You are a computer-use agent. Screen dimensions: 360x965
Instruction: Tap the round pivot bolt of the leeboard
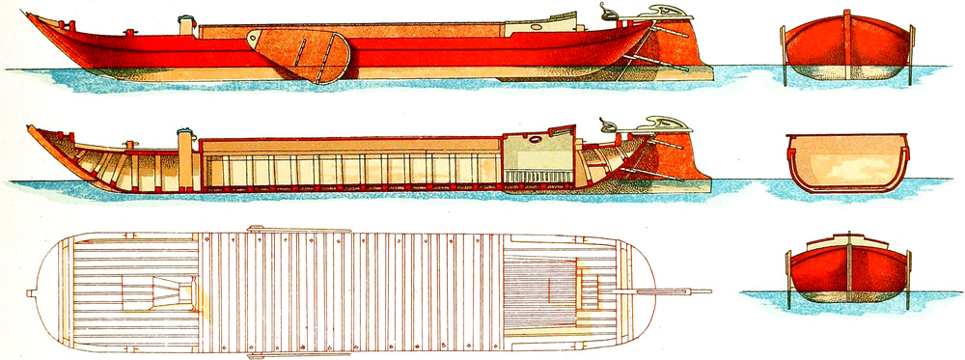tap(254, 40)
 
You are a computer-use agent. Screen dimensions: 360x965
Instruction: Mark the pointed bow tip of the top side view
tap(32, 16)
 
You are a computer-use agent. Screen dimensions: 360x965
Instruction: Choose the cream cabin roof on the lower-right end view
tap(847, 239)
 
